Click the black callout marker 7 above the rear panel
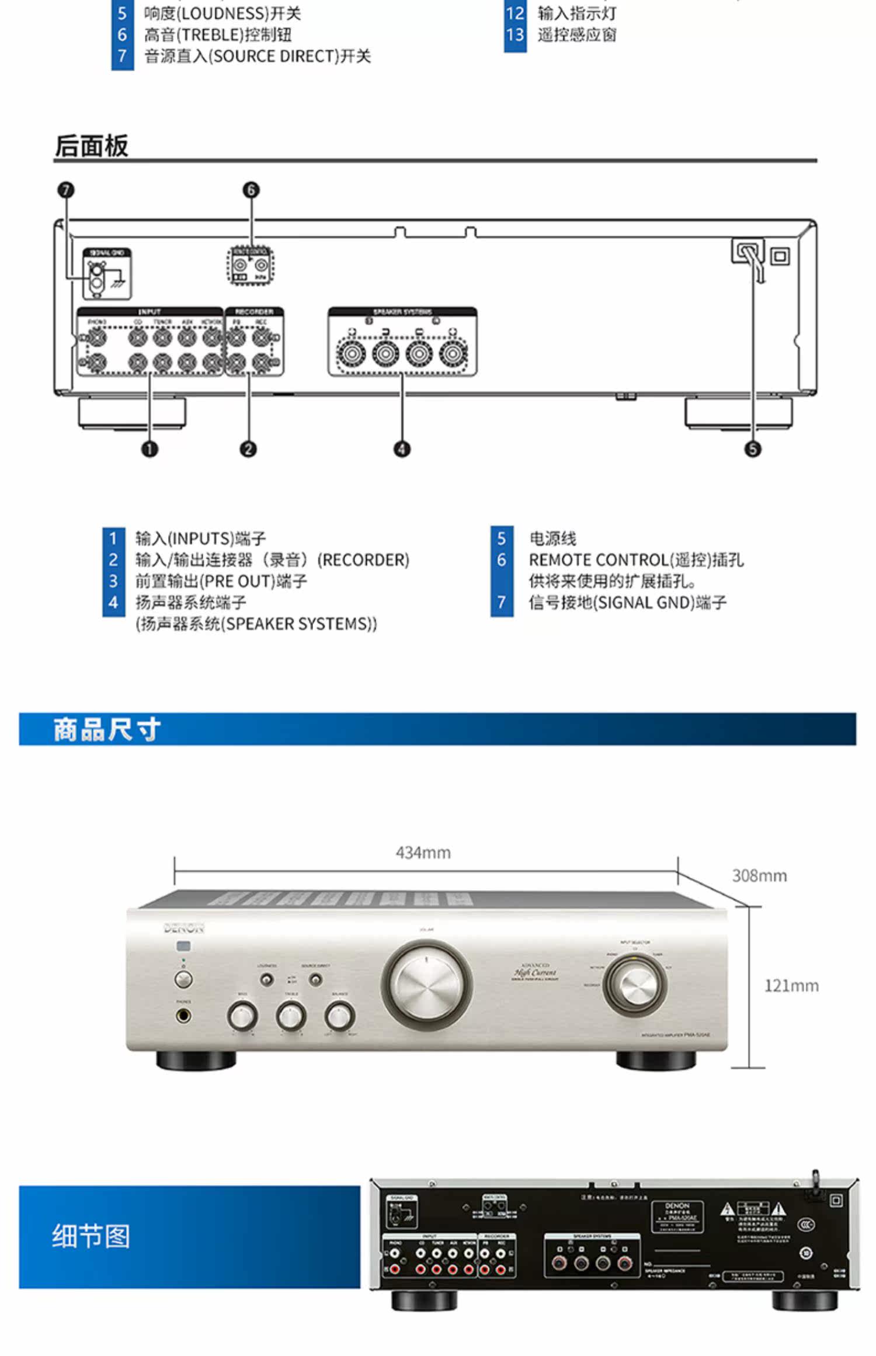click(66, 190)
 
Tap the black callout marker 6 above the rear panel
click(251, 190)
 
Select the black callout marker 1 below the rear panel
click(150, 448)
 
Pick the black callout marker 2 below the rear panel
click(248, 448)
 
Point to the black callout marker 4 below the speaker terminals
click(402, 448)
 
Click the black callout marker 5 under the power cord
click(753, 448)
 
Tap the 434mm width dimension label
click(423, 853)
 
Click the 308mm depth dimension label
click(759, 875)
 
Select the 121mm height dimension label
click(791, 986)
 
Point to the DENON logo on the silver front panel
click(184, 928)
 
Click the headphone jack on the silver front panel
click(184, 1016)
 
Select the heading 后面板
click(91, 146)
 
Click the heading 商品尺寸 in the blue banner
click(107, 729)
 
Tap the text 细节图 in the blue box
click(91, 1236)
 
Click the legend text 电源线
click(552, 538)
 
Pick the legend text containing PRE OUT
click(221, 581)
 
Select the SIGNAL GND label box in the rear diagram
click(107, 253)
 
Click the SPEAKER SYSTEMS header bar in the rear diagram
click(402, 312)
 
